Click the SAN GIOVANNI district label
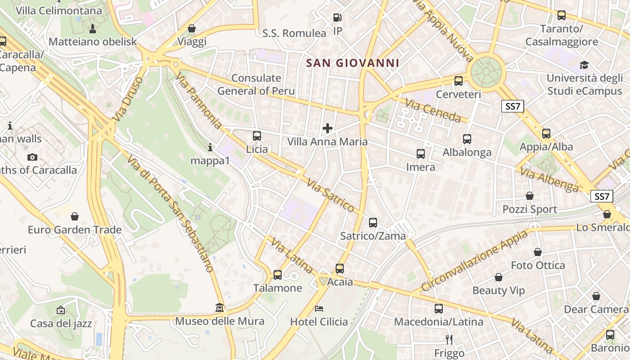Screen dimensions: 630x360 click(352, 63)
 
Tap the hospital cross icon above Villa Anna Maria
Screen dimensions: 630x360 click(328, 128)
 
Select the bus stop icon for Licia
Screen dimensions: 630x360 click(257, 135)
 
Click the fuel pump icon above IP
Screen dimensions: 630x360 click(337, 18)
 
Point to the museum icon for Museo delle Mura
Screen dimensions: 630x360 click(220, 307)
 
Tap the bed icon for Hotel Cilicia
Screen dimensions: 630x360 click(319, 308)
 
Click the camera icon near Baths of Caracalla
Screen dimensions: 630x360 click(32, 157)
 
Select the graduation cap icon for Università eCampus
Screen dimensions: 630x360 click(584, 65)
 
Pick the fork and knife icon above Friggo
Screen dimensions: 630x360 click(449, 339)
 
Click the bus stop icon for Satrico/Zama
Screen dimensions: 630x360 click(373, 222)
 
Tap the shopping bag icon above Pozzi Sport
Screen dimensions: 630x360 click(530, 196)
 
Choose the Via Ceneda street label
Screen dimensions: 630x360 click(433, 111)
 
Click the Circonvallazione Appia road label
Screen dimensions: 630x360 click(474, 261)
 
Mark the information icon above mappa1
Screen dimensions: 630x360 click(210, 147)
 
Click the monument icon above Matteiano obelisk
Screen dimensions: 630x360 click(93, 29)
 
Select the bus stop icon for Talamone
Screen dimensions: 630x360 click(278, 274)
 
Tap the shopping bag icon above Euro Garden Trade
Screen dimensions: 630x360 click(75, 216)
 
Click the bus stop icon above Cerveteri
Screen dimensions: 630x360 click(459, 81)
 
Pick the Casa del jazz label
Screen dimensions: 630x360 click(61, 323)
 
